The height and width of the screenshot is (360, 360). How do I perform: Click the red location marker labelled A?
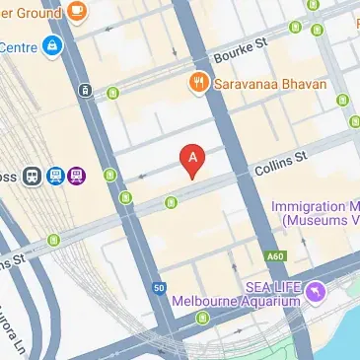(x=192, y=159)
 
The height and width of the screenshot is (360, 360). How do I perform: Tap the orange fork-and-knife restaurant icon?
(x=197, y=85)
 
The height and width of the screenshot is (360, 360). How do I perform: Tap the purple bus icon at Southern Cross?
(x=77, y=177)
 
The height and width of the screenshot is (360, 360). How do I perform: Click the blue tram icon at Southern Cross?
(x=55, y=177)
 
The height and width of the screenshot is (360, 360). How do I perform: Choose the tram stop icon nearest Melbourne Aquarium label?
(x=203, y=319)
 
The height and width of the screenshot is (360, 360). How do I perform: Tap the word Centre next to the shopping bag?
(x=17, y=46)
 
